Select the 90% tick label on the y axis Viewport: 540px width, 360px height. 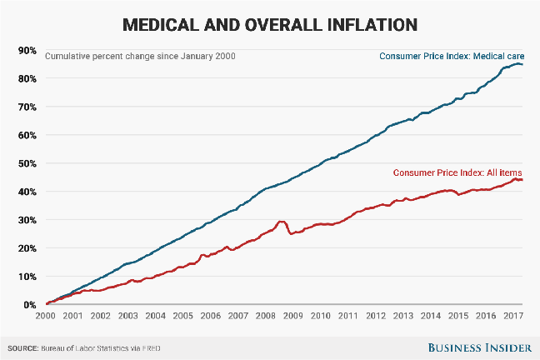(x=26, y=51)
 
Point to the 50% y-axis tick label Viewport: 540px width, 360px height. (x=26, y=163)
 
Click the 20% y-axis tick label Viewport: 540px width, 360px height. (x=26, y=248)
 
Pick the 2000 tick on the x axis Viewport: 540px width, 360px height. (x=46, y=317)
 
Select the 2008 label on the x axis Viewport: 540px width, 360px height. (x=265, y=317)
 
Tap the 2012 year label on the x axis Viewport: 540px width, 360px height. (x=374, y=317)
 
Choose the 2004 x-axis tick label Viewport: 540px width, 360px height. (x=155, y=317)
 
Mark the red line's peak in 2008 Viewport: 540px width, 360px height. (x=281, y=222)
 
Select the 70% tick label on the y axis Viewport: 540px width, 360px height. (x=26, y=107)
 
